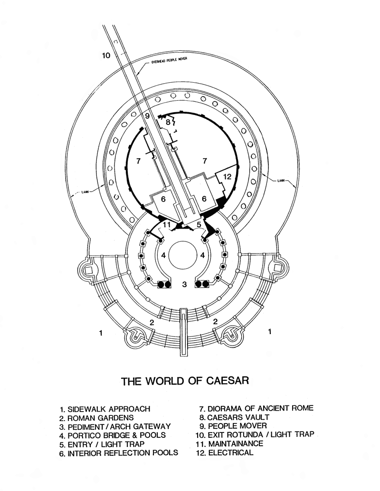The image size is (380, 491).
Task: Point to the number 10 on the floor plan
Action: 106,55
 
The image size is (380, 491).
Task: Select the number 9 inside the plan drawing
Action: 147,116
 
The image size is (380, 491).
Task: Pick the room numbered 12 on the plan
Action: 227,177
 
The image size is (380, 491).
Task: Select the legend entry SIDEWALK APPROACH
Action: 105,409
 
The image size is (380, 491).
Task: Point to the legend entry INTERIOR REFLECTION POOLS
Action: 119,452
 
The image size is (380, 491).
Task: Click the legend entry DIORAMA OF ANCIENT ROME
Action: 256,408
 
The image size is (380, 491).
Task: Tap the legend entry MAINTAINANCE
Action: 228,443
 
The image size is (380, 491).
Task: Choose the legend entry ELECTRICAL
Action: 224,452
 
